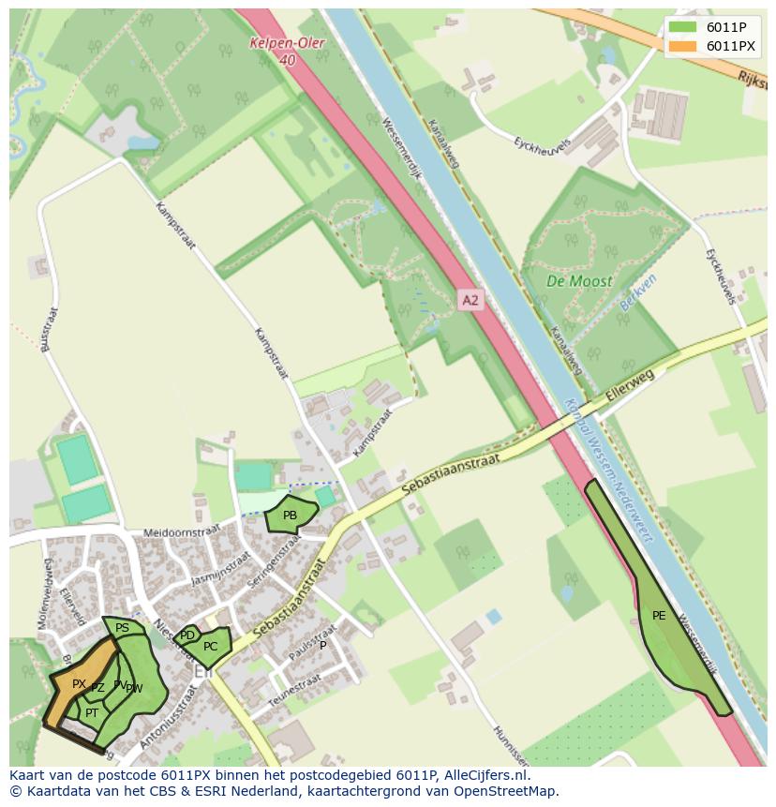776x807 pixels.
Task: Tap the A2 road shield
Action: coord(470,300)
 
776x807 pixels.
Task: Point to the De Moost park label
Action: coord(579,280)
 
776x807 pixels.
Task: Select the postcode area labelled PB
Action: coord(290,516)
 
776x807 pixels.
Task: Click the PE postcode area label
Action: coord(659,616)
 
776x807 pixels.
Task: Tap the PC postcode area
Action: coord(211,647)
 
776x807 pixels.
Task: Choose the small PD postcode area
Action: coord(187,635)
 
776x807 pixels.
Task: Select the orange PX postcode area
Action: coord(79,684)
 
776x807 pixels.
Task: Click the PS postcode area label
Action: coord(122,628)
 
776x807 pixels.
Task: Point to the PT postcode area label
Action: coord(92,713)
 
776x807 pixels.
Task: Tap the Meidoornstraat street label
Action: coord(182,532)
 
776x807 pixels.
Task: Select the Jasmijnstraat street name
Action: coord(219,568)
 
